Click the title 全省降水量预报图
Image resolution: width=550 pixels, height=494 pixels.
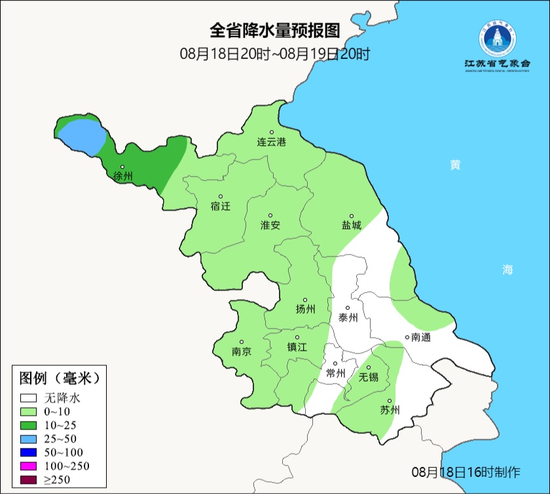275,31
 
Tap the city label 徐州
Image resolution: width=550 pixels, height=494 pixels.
123,176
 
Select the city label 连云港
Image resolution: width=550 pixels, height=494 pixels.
271,142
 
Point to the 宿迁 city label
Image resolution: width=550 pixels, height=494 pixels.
221,206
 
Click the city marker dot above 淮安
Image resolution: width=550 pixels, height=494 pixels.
270,215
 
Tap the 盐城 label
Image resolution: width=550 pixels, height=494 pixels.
351,225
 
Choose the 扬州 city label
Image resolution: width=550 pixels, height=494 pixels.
305,309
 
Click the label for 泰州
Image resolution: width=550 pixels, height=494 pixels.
348,317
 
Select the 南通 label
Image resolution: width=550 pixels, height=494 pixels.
420,337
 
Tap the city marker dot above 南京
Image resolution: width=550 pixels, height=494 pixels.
242,341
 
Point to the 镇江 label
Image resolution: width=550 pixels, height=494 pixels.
297,347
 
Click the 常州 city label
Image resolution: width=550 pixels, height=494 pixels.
335,373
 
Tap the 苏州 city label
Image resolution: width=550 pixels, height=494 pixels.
389,410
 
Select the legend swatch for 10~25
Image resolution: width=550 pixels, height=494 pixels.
29,425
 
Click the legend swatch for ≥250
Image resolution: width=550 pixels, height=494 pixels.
29,480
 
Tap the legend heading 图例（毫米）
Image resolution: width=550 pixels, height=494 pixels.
59,378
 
